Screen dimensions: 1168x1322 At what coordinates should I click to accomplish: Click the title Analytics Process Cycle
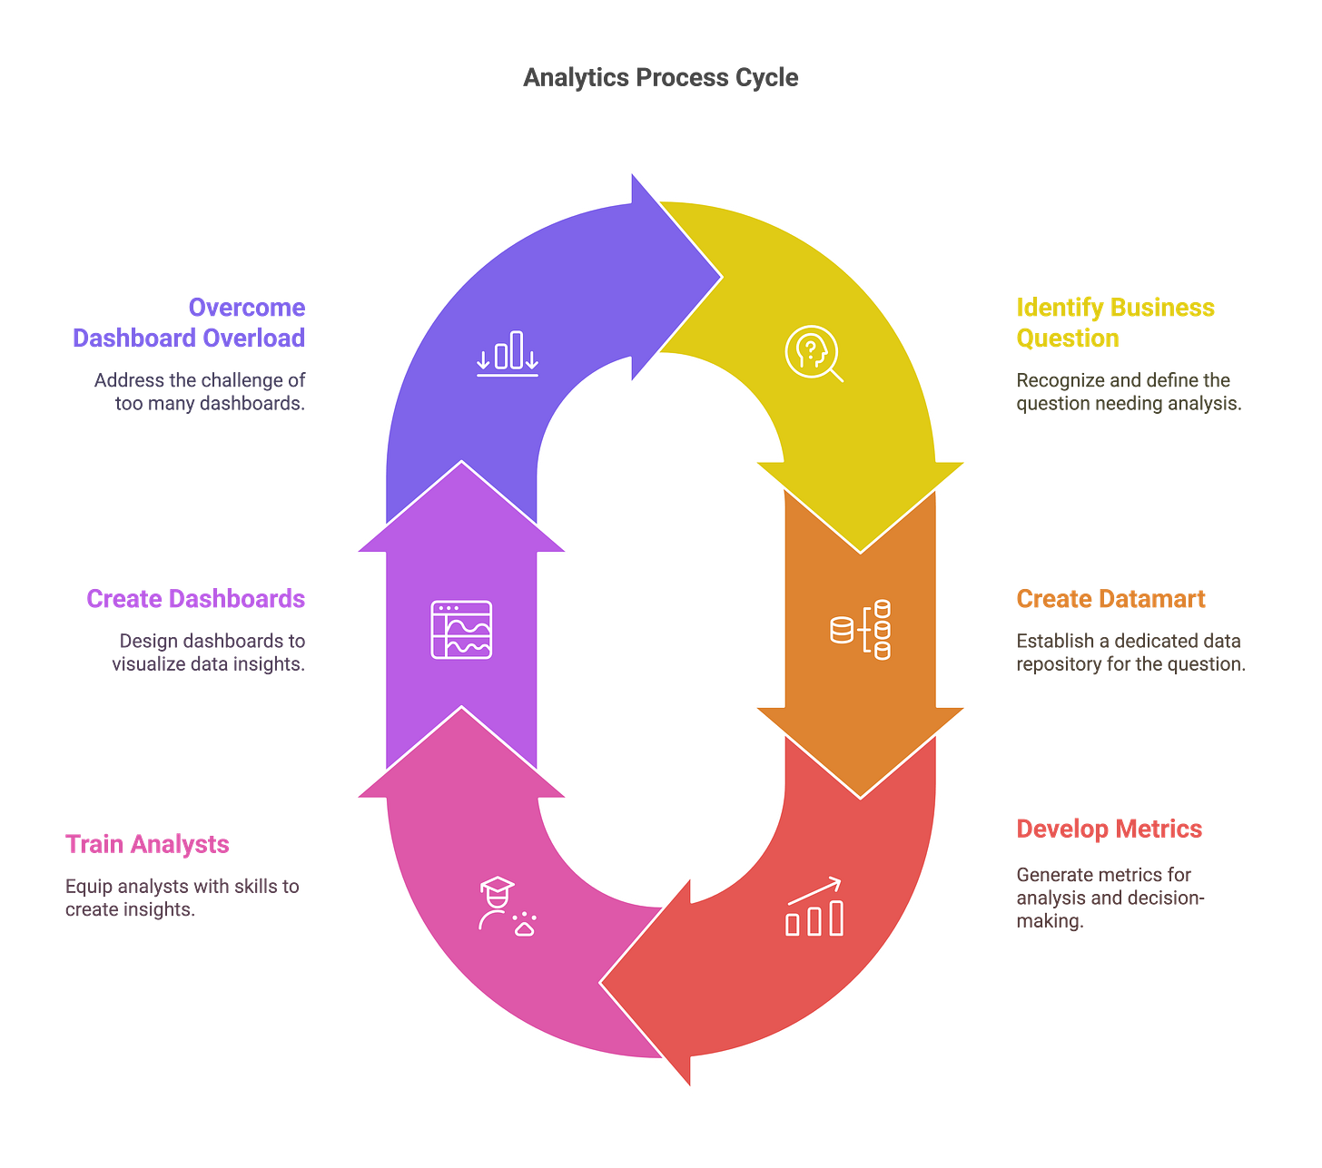[661, 77]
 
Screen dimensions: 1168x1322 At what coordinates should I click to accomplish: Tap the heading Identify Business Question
[1114, 322]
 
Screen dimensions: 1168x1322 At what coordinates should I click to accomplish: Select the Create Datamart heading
[1110, 599]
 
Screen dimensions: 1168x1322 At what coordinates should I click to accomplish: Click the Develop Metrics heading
[1109, 829]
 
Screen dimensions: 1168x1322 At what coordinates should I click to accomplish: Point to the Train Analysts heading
[147, 844]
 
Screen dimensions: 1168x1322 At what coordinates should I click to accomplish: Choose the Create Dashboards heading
[196, 599]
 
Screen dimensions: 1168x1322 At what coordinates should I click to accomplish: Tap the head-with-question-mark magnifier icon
[813, 353]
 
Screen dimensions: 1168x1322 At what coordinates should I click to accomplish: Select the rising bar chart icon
[814, 907]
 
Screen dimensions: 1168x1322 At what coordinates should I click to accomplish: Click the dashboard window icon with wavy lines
[461, 629]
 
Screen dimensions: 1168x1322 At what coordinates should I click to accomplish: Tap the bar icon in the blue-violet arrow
[508, 353]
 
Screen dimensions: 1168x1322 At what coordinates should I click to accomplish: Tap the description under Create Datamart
[1130, 653]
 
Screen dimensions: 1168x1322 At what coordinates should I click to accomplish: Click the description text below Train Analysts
[182, 897]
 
